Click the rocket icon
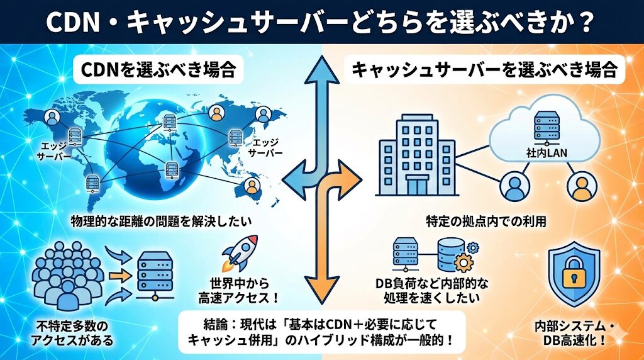pos(241,256)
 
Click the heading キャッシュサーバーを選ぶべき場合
pos(484,70)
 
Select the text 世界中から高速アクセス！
pos(242,288)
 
